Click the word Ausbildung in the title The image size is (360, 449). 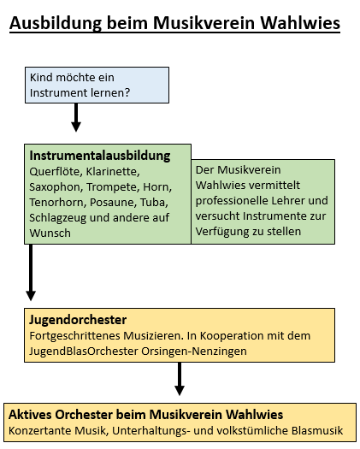click(56, 23)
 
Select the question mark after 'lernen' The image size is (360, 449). click(127, 92)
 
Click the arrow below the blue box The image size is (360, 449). click(76, 117)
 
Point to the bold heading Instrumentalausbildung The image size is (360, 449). click(100, 156)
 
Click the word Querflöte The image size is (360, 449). click(55, 172)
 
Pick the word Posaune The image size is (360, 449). click(113, 203)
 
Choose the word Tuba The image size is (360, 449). click(154, 203)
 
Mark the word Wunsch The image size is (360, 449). click(50, 233)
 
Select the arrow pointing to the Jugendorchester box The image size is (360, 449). click(31, 272)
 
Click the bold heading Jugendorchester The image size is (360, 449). click(78, 320)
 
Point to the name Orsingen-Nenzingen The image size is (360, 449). click(194, 351)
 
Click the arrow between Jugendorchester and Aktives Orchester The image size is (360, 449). click(180, 379)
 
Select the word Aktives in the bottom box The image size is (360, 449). click(30, 415)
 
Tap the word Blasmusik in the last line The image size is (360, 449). click(317, 430)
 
